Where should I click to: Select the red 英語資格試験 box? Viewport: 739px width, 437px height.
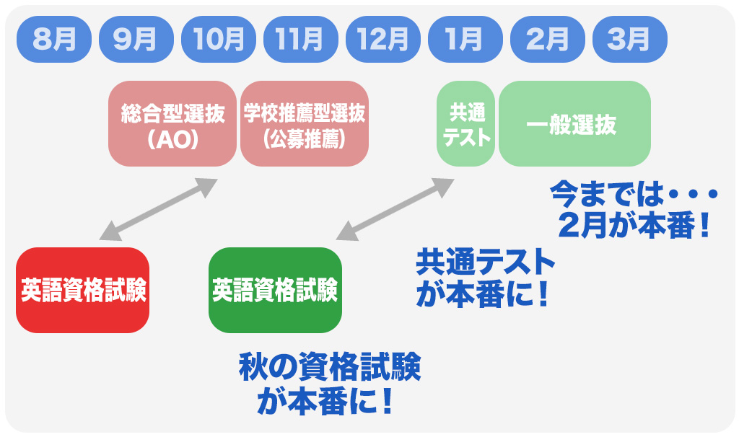(82, 290)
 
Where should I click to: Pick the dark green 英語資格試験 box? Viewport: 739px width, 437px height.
(275, 290)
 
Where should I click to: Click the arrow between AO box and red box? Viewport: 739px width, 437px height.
(158, 208)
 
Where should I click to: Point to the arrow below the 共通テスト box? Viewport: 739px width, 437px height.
(395, 208)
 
